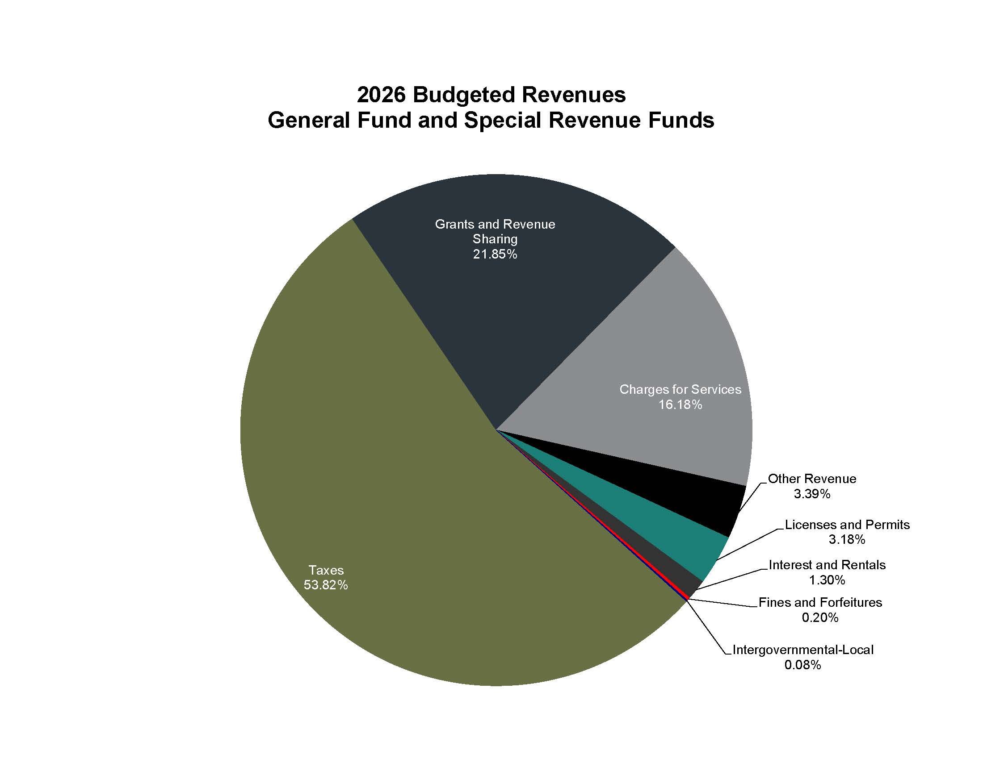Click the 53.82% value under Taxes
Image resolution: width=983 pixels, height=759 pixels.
point(325,585)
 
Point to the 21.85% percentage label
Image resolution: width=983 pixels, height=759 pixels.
point(495,254)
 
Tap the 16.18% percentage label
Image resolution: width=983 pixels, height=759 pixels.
point(680,405)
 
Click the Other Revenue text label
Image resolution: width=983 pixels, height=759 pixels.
point(811,479)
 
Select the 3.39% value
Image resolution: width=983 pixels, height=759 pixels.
point(811,494)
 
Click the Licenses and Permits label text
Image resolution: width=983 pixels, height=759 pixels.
point(847,525)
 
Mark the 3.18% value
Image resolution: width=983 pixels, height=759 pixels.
point(847,540)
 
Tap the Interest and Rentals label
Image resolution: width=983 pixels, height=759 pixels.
point(827,565)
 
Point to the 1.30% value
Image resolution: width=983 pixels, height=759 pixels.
point(827,580)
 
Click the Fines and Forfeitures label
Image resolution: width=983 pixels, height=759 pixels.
point(820,603)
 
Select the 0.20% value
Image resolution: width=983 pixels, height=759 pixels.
point(820,618)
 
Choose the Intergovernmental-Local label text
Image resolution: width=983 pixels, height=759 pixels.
point(803,650)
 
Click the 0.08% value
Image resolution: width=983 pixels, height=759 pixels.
point(802,665)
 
